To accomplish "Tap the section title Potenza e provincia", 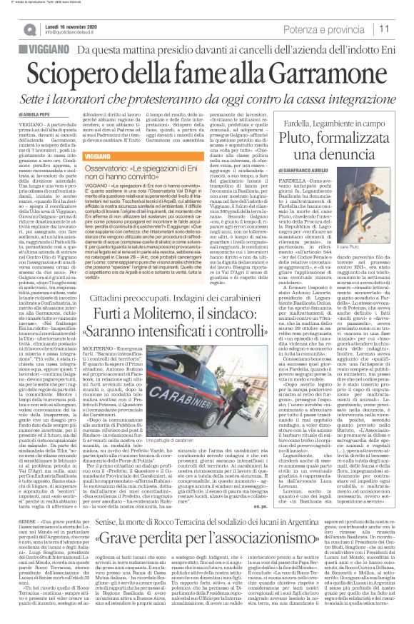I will (335, 29).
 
